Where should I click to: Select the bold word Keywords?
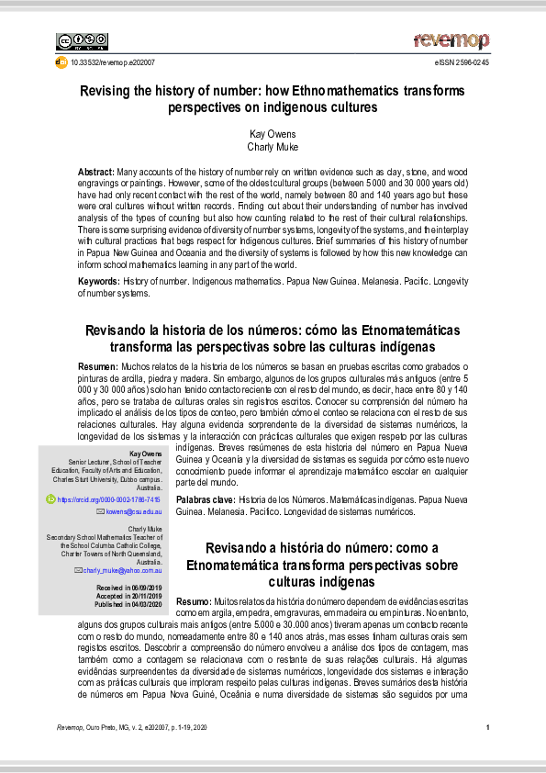pyautogui.click(x=98, y=280)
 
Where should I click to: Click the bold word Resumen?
pyautogui.click(x=98, y=366)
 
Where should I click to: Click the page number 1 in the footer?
pyautogui.click(x=487, y=728)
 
